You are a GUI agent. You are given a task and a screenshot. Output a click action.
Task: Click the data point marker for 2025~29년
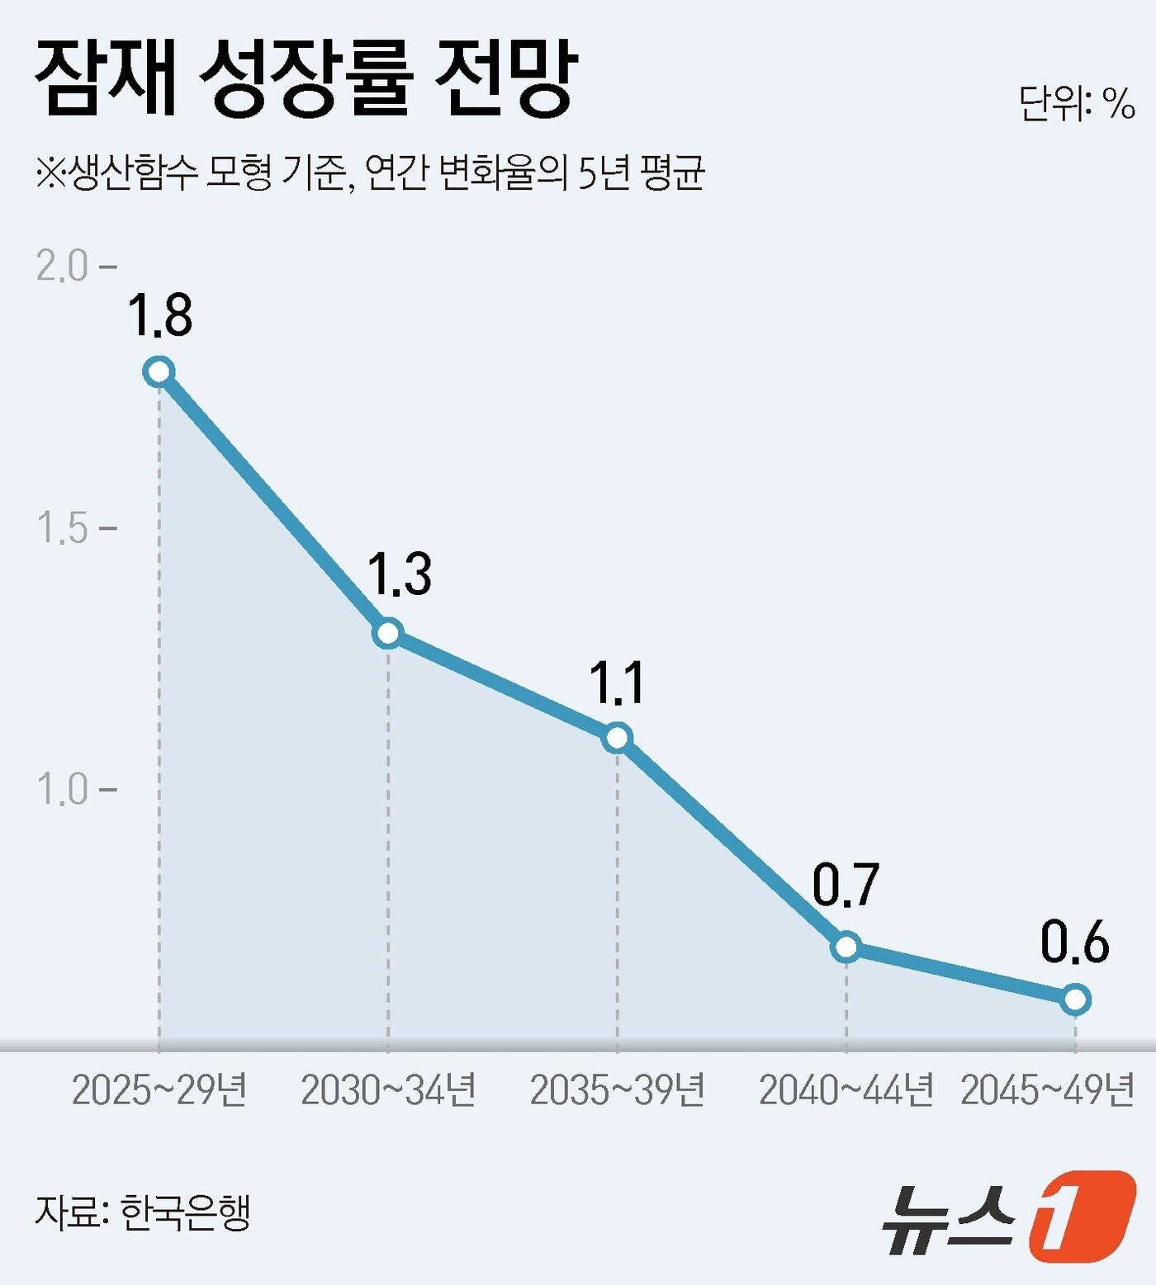tap(159, 371)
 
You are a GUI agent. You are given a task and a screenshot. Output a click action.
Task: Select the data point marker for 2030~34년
tap(388, 633)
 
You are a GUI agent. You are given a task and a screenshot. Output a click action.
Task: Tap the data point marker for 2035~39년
tap(618, 737)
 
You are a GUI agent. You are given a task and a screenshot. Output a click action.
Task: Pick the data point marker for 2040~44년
tap(846, 947)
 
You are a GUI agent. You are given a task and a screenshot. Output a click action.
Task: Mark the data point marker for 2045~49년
tap(1075, 999)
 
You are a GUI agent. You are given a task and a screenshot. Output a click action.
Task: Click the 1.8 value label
tap(160, 315)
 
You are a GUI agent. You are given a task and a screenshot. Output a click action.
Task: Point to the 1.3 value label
tap(399, 574)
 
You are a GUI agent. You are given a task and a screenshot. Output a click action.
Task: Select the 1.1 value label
tap(616, 683)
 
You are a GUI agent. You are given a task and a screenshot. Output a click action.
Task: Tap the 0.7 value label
tap(846, 885)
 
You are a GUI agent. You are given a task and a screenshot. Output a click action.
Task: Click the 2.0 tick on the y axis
tap(63, 266)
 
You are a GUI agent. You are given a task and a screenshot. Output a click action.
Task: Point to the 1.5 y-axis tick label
tap(63, 527)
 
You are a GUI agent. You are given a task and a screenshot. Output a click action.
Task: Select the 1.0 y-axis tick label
tap(63, 789)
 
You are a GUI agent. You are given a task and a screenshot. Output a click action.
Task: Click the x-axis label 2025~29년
tap(159, 1090)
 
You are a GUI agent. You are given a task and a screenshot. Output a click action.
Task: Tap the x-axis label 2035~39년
tap(618, 1090)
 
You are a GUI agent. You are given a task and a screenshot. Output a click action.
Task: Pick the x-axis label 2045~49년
tap(1048, 1090)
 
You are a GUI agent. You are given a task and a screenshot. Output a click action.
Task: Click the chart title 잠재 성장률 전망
tap(306, 79)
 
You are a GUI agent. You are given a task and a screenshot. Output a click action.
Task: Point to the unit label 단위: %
tap(1077, 104)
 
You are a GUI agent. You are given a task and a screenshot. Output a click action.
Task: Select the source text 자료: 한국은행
tap(142, 1212)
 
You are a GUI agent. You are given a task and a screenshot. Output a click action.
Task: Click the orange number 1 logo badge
tap(1082, 1216)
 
